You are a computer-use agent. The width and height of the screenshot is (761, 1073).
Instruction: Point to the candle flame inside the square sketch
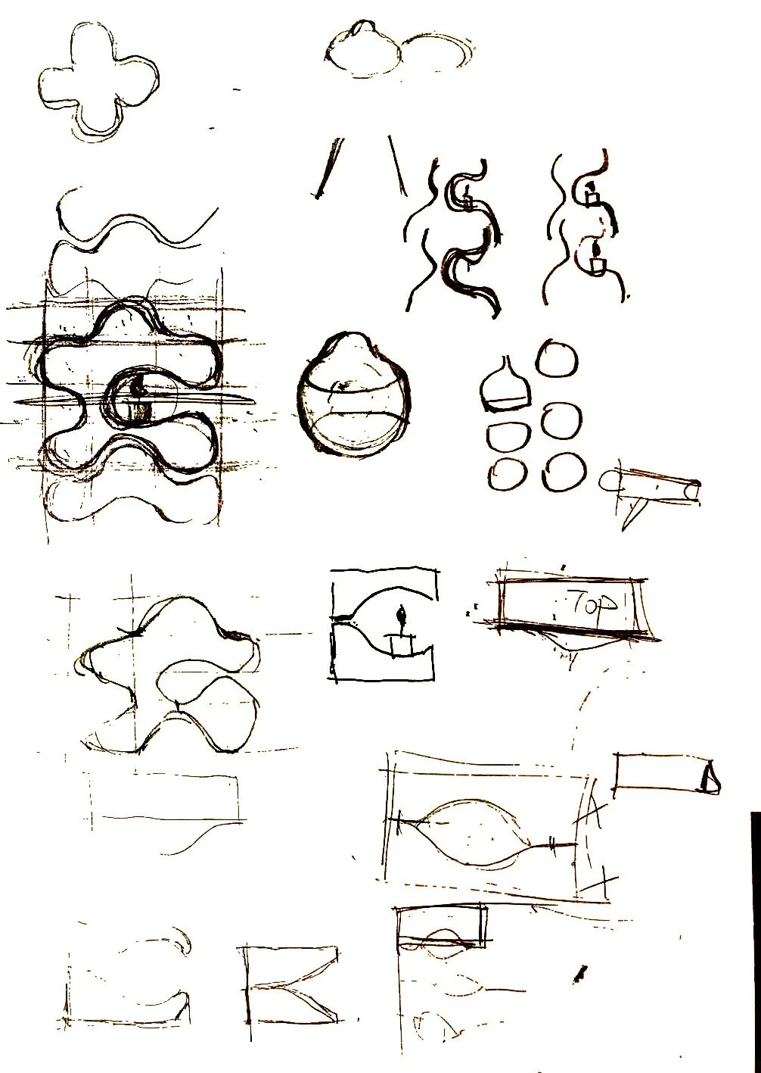point(402,613)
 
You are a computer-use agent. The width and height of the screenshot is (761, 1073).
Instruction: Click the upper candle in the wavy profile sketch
point(593,195)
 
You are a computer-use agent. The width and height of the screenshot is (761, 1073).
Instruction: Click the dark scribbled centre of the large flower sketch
point(137,398)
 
